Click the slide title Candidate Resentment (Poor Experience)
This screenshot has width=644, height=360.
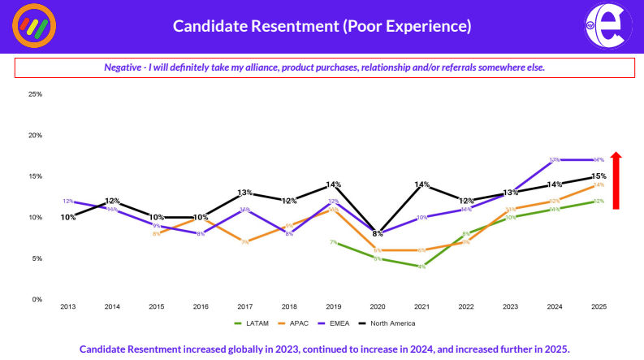tap(322, 26)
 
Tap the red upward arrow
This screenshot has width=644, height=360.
tap(616, 180)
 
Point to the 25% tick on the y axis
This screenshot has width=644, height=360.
tap(35, 94)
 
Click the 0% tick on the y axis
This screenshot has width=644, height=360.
tap(37, 300)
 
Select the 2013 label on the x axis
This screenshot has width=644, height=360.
tap(68, 307)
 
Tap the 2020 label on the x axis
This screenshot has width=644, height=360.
tap(378, 307)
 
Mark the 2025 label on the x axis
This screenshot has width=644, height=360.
tap(599, 307)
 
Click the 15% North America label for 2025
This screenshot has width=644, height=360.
tap(599, 176)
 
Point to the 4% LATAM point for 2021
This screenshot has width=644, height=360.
tap(421, 267)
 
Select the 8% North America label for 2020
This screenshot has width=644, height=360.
tap(378, 233)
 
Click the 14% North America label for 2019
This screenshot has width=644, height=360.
tap(333, 184)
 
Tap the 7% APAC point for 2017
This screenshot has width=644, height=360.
tap(244, 242)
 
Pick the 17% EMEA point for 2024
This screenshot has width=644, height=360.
tap(555, 160)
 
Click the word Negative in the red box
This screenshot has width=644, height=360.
tap(122, 67)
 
